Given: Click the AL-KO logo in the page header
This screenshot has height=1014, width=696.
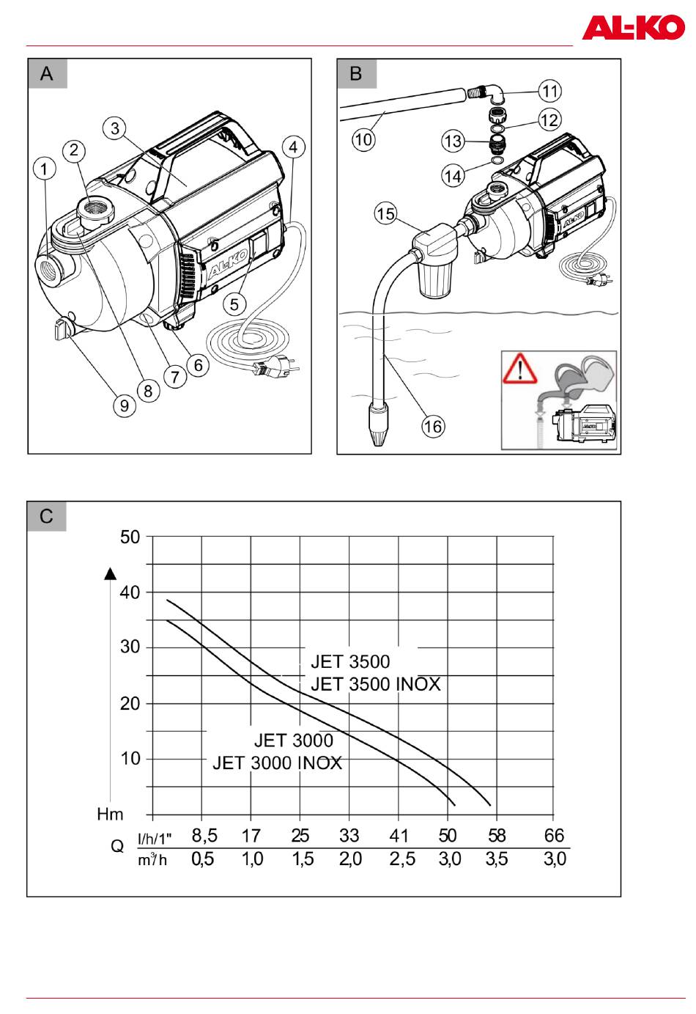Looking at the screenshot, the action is pyautogui.click(x=633, y=27).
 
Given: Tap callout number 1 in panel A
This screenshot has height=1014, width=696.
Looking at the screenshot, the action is pyautogui.click(x=44, y=169).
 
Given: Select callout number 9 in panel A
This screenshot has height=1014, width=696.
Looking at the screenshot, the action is pyautogui.click(x=124, y=405).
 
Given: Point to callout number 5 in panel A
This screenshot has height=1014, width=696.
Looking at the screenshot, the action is pyautogui.click(x=234, y=304).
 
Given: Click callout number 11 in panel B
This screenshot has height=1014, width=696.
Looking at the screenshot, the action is pyautogui.click(x=550, y=91).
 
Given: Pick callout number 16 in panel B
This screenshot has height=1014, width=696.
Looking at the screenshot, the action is pyautogui.click(x=433, y=427).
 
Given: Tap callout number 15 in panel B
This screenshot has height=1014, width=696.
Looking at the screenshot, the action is pyautogui.click(x=386, y=213).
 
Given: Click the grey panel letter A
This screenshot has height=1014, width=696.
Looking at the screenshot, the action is pyautogui.click(x=47, y=73).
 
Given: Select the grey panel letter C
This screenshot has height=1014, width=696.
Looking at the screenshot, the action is pyautogui.click(x=47, y=516).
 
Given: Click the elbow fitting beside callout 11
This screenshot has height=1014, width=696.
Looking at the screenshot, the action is pyautogui.click(x=487, y=93).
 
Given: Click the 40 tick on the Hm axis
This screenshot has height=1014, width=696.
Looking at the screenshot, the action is pyautogui.click(x=130, y=592).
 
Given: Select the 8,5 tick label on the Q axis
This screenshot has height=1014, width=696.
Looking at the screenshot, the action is pyautogui.click(x=204, y=835).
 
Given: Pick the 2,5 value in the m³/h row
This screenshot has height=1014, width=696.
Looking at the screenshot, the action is pyautogui.click(x=402, y=859).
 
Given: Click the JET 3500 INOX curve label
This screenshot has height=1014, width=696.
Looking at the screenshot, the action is pyautogui.click(x=375, y=684).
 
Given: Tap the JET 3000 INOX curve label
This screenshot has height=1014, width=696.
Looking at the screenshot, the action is pyautogui.click(x=277, y=763).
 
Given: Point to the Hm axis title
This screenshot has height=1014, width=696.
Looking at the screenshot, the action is pyautogui.click(x=110, y=815).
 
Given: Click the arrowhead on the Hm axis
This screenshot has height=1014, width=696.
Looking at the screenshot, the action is pyautogui.click(x=111, y=573).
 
